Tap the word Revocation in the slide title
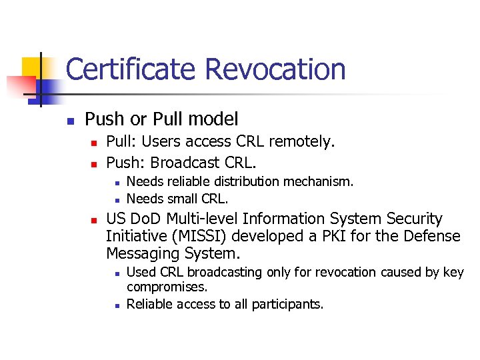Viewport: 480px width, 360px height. pyautogui.click(x=275, y=69)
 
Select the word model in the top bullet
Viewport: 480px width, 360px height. pyautogui.click(x=213, y=119)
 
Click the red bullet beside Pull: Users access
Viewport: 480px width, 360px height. pyautogui.click(x=94, y=142)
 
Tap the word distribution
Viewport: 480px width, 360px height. pyautogui.click(x=250, y=181)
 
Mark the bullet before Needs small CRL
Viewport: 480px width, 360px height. pyautogui.click(x=116, y=199)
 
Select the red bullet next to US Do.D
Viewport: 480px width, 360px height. pyautogui.click(x=94, y=219)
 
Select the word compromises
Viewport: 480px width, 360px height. pyautogui.click(x=167, y=287)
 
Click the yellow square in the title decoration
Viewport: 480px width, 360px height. pyautogui.click(x=33, y=67)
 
